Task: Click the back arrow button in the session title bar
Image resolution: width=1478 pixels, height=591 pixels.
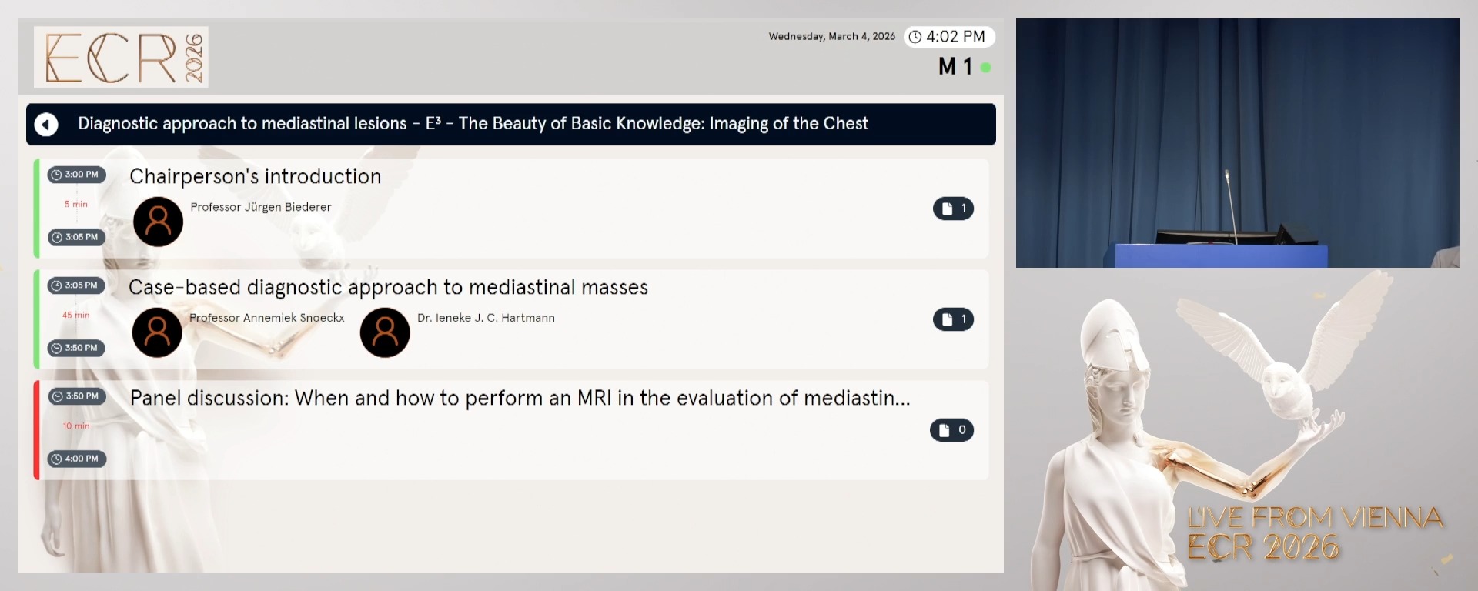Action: click(46, 124)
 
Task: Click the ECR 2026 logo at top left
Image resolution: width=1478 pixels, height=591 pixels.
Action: click(121, 57)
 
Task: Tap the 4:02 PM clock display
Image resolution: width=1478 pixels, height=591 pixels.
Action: click(948, 37)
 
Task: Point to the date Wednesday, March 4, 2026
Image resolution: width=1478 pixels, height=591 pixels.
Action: click(831, 37)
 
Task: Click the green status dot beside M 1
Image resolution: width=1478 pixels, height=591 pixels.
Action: click(985, 68)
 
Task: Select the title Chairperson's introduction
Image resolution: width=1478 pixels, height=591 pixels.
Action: click(255, 176)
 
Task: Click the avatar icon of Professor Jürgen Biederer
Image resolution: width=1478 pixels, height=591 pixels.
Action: click(158, 222)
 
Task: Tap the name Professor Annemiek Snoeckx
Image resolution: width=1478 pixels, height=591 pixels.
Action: click(266, 318)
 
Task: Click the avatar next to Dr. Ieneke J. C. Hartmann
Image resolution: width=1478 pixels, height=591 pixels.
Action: click(385, 332)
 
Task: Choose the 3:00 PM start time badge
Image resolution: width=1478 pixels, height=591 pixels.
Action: click(76, 175)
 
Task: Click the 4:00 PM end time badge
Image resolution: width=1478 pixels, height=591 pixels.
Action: click(77, 459)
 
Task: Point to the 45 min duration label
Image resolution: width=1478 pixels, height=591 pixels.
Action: click(75, 315)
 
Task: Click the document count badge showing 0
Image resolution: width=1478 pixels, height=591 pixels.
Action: click(951, 430)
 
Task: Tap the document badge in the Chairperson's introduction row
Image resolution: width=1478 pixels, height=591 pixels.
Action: click(953, 209)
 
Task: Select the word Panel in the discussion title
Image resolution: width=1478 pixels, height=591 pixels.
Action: click(156, 398)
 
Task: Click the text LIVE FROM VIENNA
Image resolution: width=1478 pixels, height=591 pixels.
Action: click(1314, 517)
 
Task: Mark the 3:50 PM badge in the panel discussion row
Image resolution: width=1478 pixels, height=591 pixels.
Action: click(77, 396)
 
